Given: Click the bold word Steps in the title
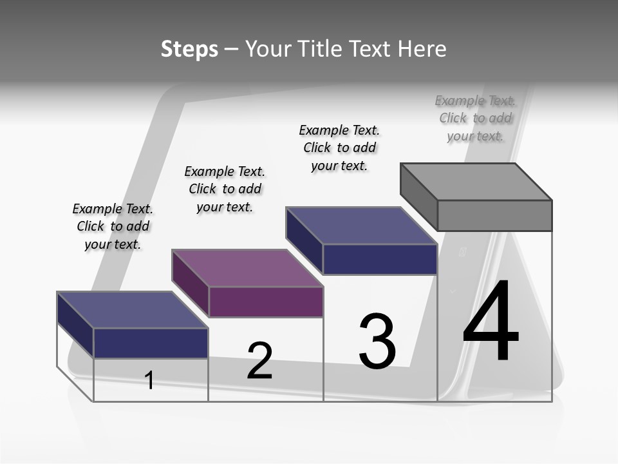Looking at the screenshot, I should point(189,49).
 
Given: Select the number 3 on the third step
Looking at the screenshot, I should point(377,342).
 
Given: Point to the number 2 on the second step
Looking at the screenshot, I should point(260,361).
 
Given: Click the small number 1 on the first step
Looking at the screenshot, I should point(149,380).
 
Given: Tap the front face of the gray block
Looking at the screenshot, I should point(494,215).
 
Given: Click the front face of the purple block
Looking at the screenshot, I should point(266,302).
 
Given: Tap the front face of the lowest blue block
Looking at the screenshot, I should point(151,343).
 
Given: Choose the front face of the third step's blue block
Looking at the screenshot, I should point(380,259).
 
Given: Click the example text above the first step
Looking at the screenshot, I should point(113,226).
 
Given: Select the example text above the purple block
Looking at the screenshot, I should point(225,189).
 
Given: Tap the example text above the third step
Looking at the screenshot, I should point(339,148).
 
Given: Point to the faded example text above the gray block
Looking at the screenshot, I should point(475,118).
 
